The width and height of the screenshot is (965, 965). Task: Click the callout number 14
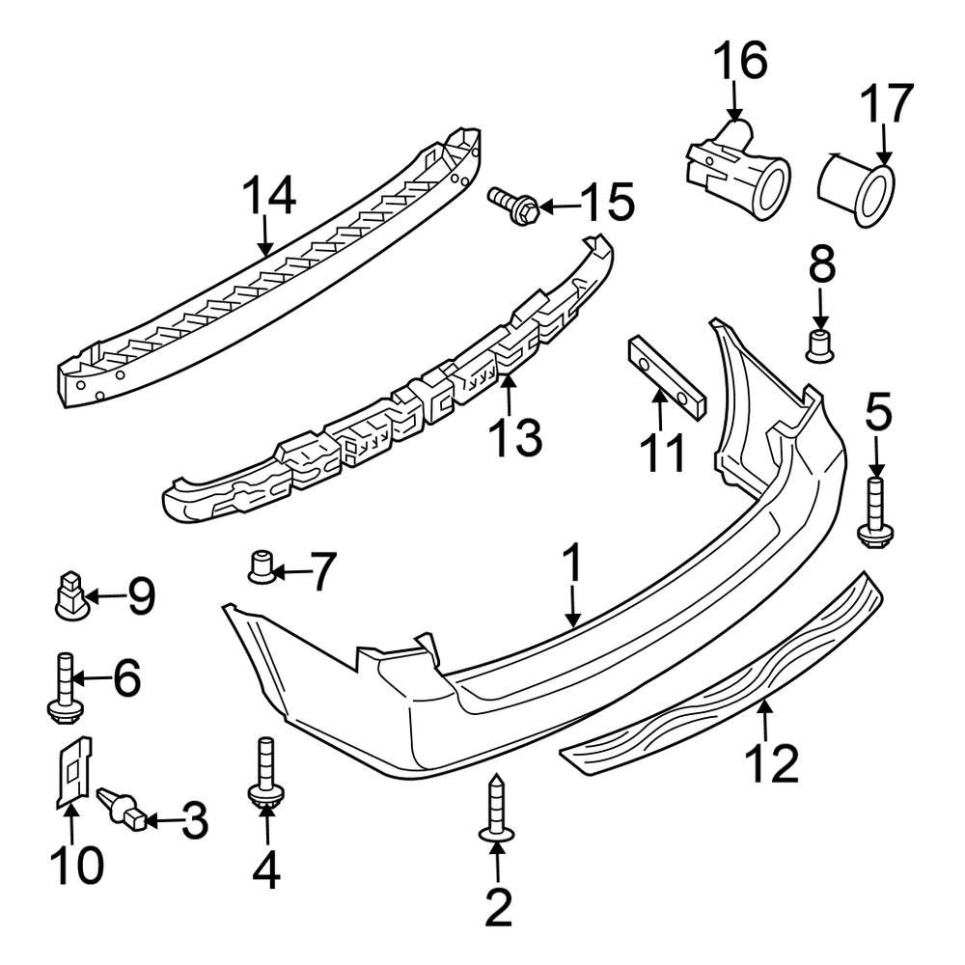click(x=268, y=199)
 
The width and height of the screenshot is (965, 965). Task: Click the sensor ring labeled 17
click(x=858, y=187)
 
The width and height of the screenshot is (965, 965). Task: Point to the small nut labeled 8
click(x=819, y=344)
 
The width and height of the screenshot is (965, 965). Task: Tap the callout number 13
click(x=514, y=439)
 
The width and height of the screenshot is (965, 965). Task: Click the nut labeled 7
click(x=260, y=565)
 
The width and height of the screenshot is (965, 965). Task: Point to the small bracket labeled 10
click(x=72, y=770)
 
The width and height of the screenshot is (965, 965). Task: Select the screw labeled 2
click(x=497, y=810)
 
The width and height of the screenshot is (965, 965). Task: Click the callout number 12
click(x=772, y=765)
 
